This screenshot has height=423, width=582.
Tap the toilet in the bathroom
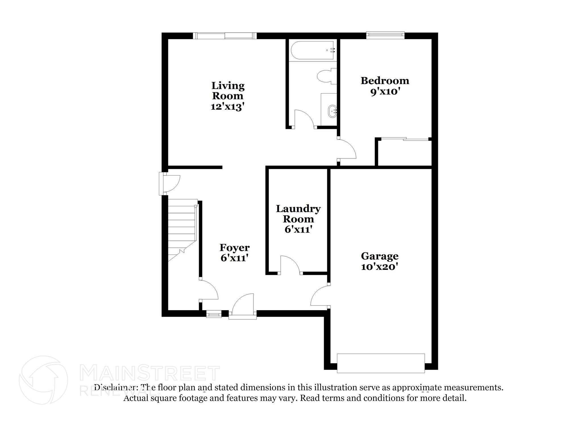click(x=327, y=76)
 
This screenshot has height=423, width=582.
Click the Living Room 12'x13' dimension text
click(x=227, y=107)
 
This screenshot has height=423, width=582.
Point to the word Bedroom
click(x=385, y=81)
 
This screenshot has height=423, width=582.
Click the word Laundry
click(x=298, y=209)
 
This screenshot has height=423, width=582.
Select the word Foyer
click(x=234, y=248)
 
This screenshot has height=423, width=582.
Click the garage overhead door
click(x=381, y=363)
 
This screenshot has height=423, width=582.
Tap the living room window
click(x=225, y=36)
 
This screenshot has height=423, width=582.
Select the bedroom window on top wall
click(x=385, y=35)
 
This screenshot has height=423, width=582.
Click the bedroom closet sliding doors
click(x=405, y=139)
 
